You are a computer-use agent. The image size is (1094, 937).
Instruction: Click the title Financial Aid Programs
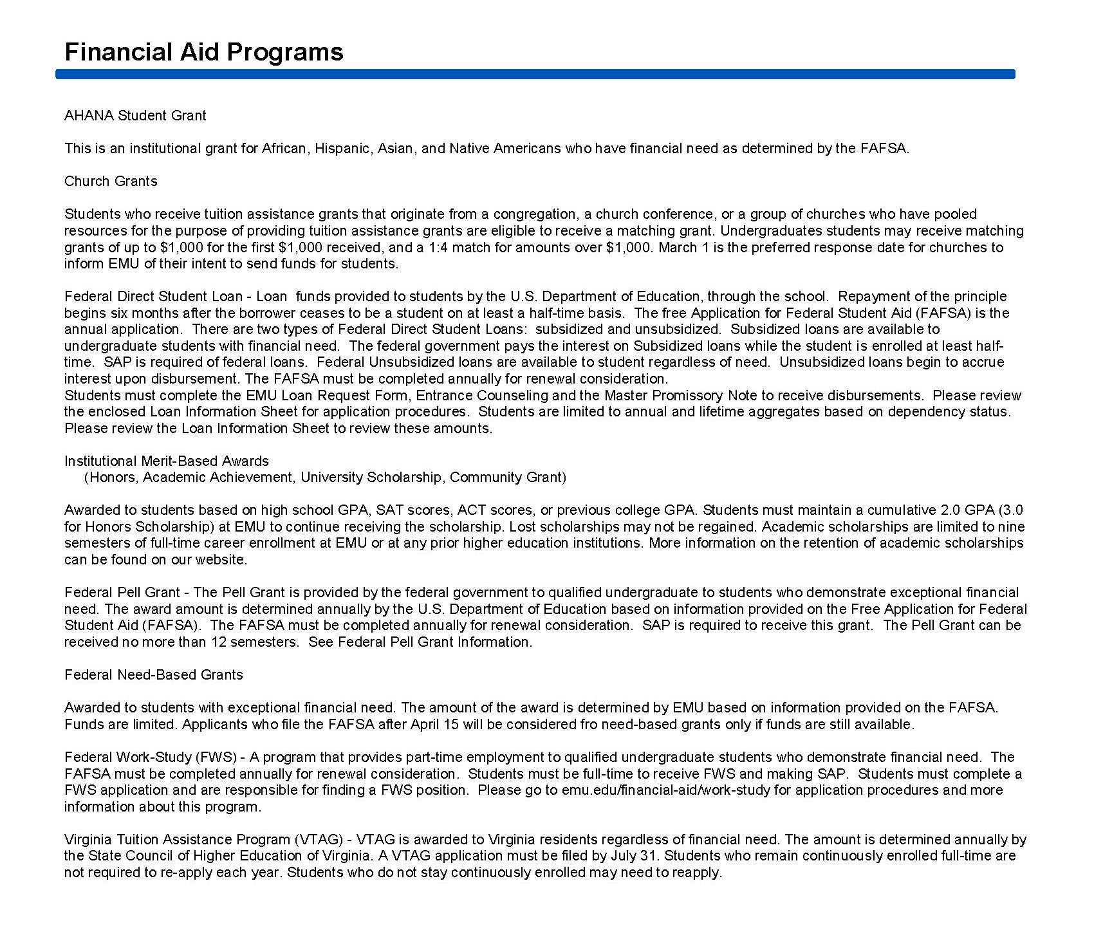[204, 52]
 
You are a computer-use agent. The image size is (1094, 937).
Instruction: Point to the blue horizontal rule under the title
[535, 75]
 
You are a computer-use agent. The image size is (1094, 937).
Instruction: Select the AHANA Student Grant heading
[135, 116]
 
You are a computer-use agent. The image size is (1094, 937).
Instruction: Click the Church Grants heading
[111, 181]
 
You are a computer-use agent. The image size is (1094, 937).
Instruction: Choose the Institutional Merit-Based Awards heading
[167, 461]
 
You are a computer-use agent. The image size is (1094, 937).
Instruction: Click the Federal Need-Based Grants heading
[154, 675]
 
